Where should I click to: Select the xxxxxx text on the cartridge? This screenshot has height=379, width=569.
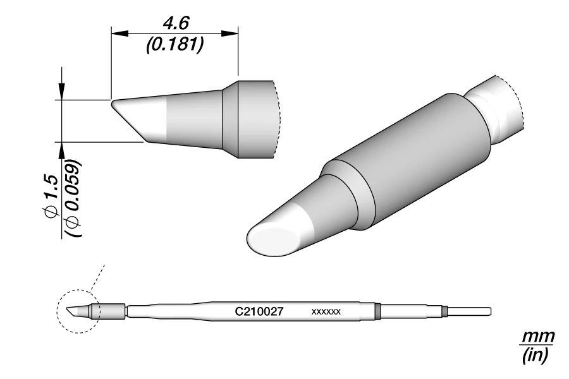(326, 312)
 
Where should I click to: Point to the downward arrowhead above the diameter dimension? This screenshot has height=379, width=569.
(62, 92)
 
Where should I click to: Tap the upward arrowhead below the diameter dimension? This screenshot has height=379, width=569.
(62, 149)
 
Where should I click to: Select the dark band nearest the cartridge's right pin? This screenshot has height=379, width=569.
(445, 311)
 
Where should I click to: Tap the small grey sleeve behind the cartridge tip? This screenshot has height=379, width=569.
(110, 311)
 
